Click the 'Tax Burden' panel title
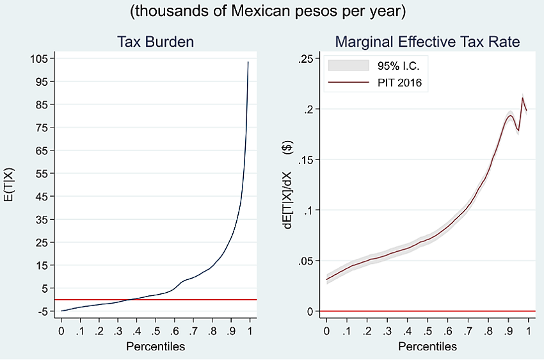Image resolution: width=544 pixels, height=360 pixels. click(x=156, y=42)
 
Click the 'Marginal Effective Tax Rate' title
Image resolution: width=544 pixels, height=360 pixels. click(x=428, y=42)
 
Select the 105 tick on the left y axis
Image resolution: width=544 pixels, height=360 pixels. click(x=39, y=58)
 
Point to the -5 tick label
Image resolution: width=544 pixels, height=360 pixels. click(x=42, y=311)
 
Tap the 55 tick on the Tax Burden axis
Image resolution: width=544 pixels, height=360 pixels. click(x=42, y=174)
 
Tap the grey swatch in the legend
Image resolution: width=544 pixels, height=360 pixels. click(x=349, y=65)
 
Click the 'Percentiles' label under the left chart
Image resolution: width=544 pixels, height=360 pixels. click(x=156, y=347)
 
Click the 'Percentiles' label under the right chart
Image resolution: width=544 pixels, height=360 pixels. click(x=428, y=347)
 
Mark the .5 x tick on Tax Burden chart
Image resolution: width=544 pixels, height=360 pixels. click(x=156, y=331)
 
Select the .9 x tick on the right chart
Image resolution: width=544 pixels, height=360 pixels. click(x=509, y=331)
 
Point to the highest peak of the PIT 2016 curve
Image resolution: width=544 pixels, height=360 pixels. click(x=523, y=98)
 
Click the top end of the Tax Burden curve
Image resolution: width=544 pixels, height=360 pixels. click(x=248, y=62)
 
